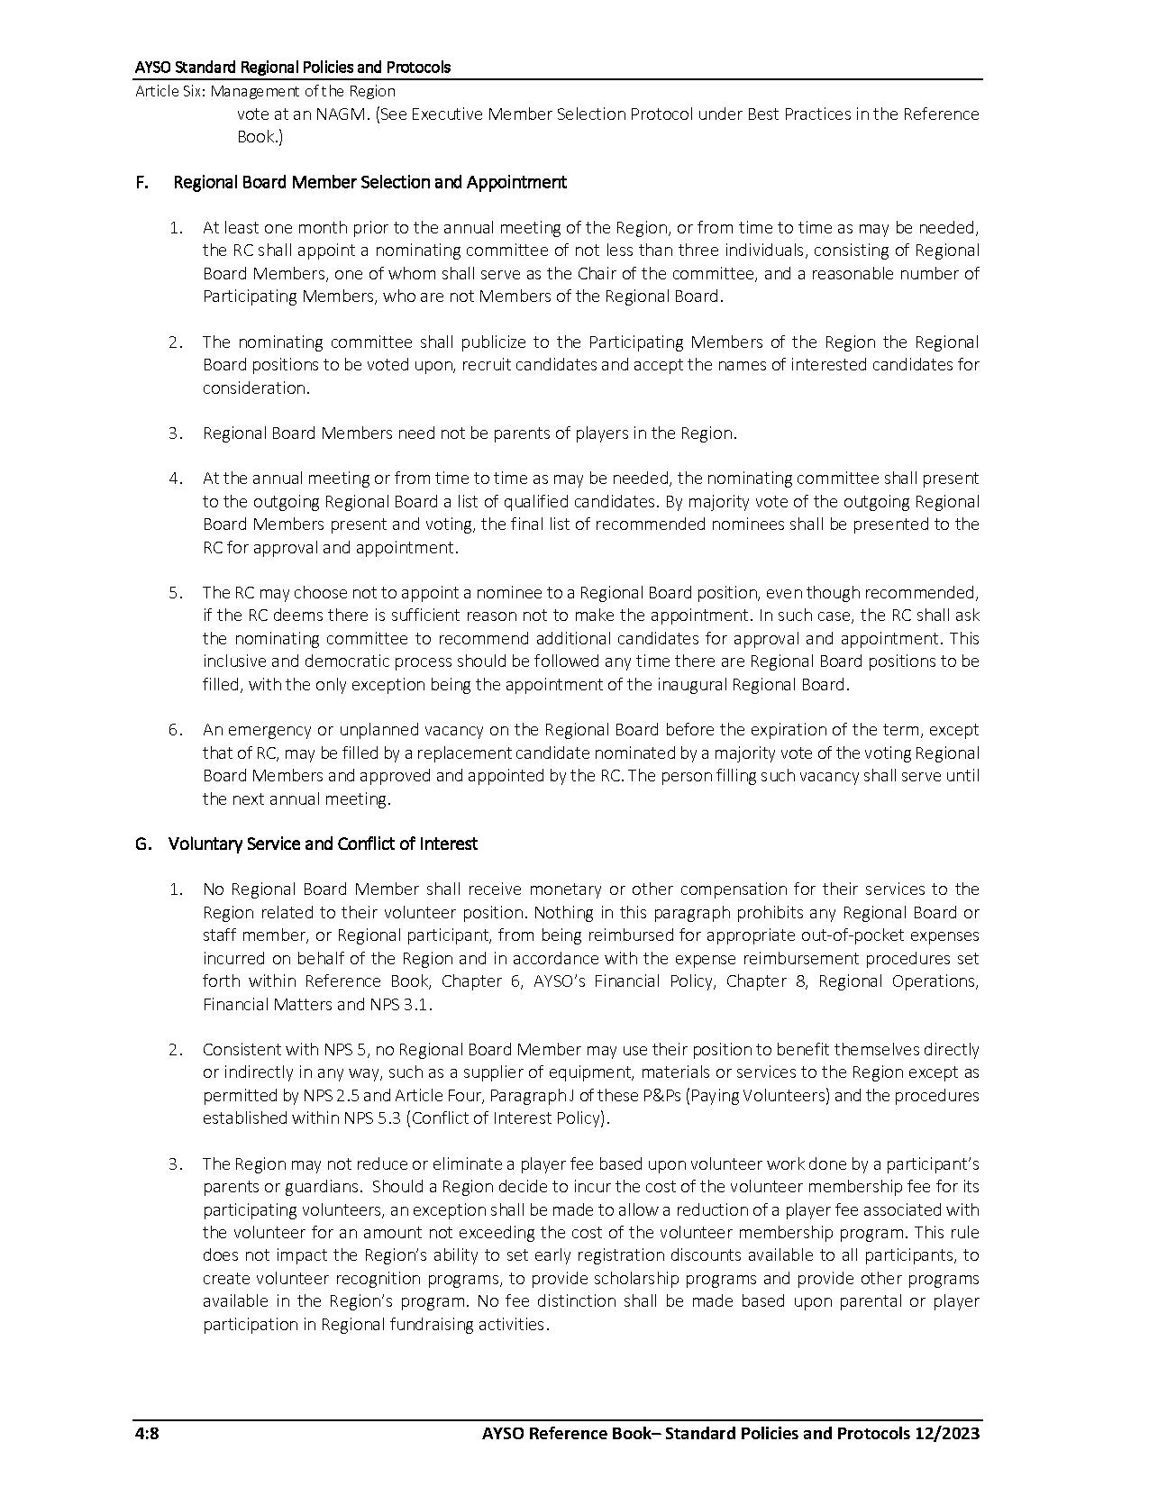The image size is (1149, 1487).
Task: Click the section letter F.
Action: [x=141, y=182]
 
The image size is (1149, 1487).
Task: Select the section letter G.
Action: [x=141, y=844]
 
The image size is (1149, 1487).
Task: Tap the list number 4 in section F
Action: [x=175, y=479]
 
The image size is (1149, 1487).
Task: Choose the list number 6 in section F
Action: [x=175, y=730]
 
